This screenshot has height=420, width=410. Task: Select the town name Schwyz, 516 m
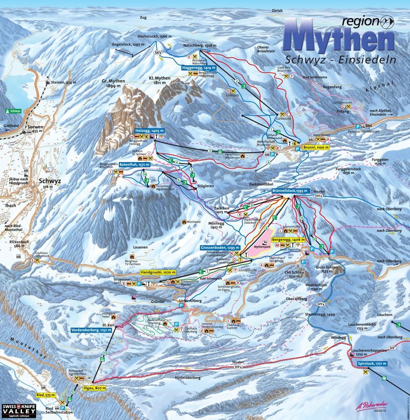point(47,182)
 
